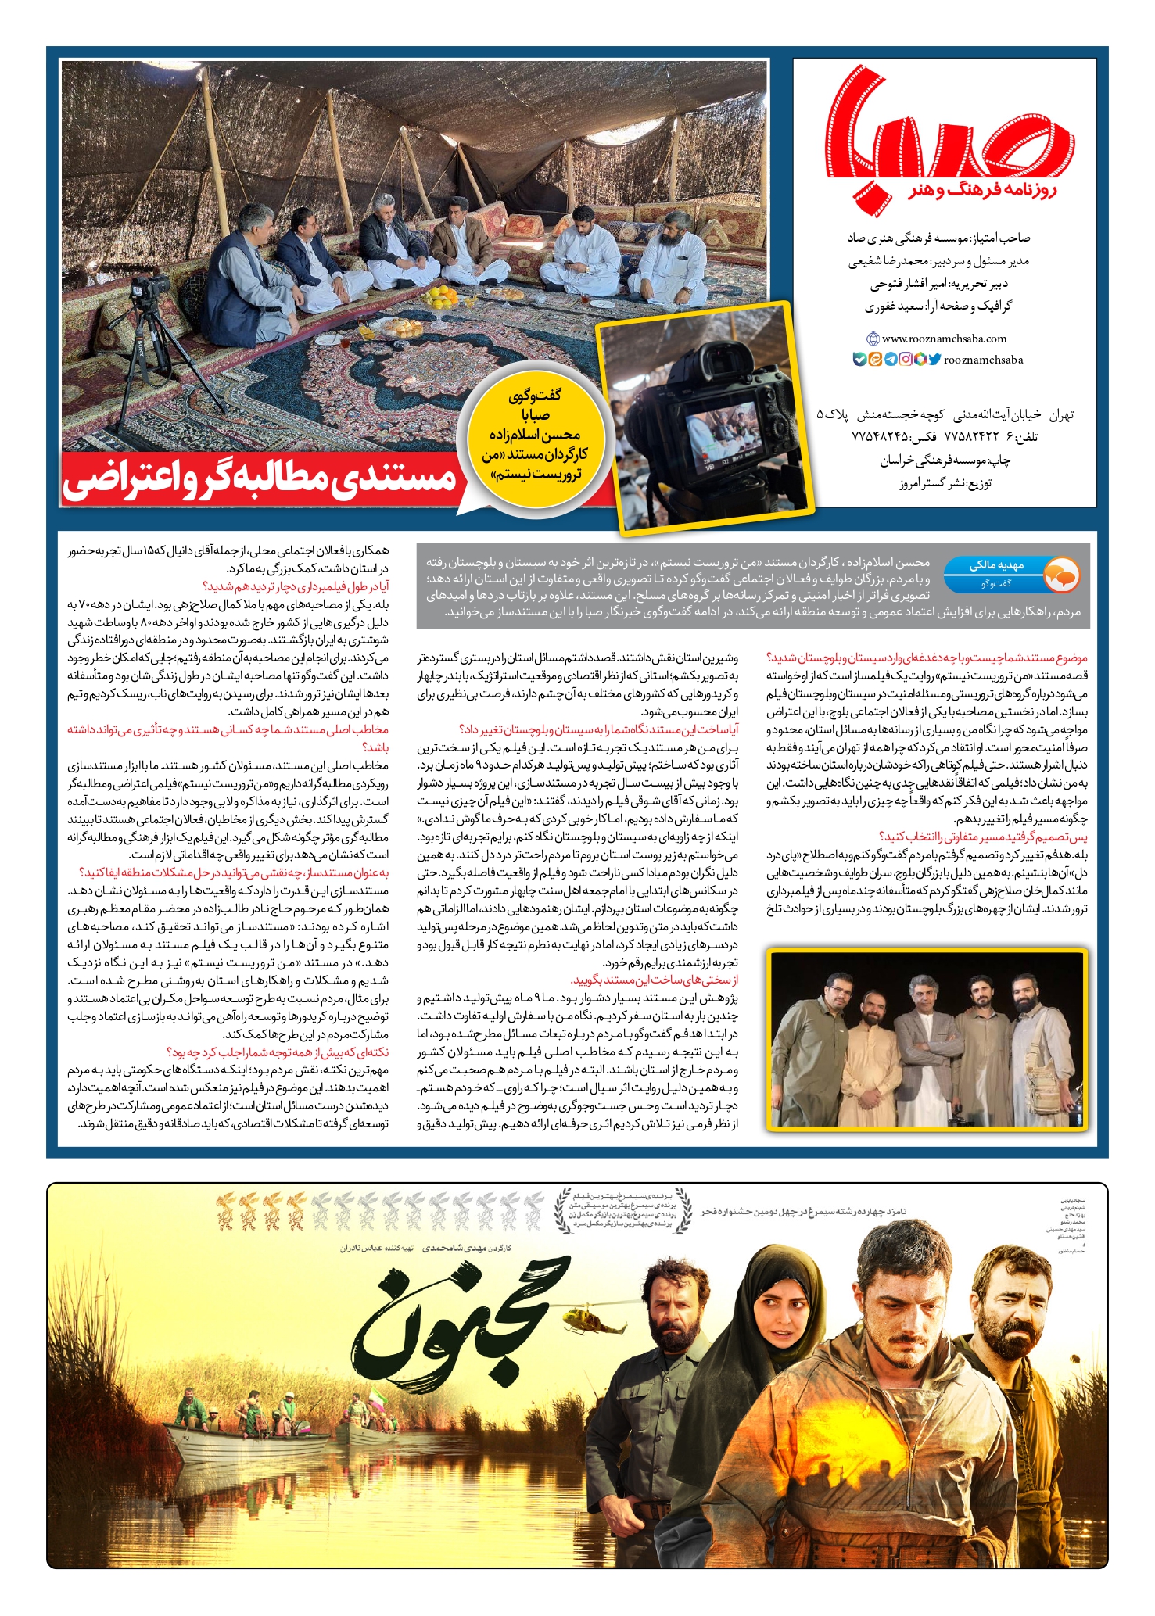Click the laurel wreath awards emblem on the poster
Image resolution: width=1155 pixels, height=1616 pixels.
[x=622, y=1211]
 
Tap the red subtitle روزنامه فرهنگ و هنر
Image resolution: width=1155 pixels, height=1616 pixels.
[x=981, y=190]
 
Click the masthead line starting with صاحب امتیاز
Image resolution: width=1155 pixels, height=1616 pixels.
[x=939, y=238]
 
